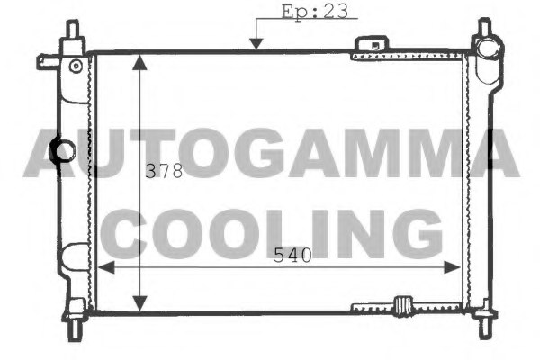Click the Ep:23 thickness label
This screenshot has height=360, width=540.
[315, 12]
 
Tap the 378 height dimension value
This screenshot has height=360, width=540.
[164, 171]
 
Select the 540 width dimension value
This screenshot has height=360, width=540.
[292, 256]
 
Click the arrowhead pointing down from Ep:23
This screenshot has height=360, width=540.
[256, 44]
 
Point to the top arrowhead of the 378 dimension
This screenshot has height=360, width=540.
[139, 62]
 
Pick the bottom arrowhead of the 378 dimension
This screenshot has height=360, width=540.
[139, 303]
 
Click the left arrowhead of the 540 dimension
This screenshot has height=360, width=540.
[106, 267]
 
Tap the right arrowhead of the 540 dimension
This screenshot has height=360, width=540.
[452, 267]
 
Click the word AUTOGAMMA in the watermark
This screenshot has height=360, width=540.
[272, 153]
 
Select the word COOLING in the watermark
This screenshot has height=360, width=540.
[272, 234]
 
